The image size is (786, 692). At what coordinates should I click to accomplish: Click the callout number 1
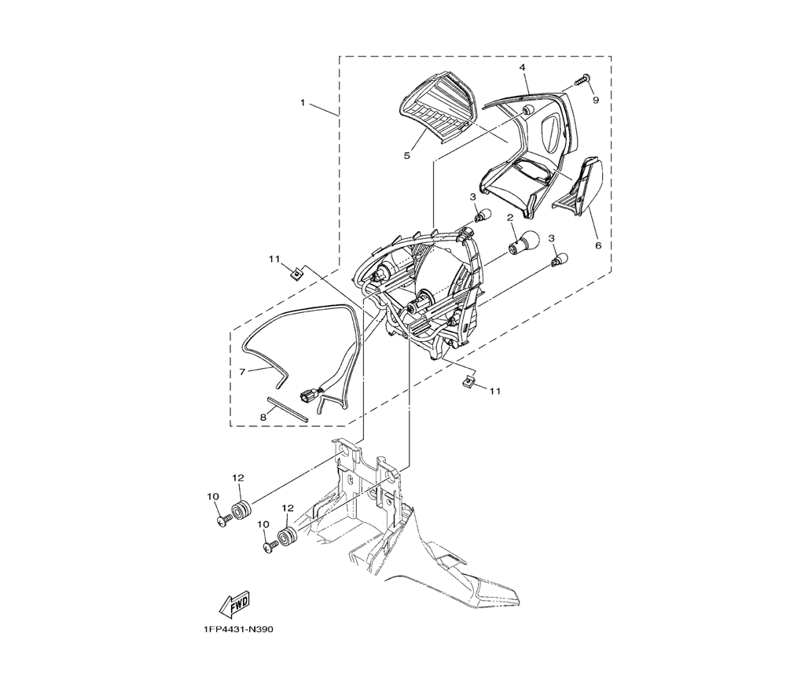pyautogui.click(x=303, y=102)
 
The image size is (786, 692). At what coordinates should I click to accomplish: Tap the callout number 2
pyautogui.click(x=510, y=218)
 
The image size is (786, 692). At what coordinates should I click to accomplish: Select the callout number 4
pyautogui.click(x=522, y=67)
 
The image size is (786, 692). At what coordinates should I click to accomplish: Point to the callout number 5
pyautogui.click(x=406, y=156)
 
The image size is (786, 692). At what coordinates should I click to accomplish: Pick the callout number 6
pyautogui.click(x=597, y=245)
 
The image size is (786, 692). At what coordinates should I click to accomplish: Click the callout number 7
pyautogui.click(x=243, y=372)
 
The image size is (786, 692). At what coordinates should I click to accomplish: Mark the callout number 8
pyautogui.click(x=263, y=417)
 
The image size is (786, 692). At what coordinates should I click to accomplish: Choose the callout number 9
pyautogui.click(x=596, y=101)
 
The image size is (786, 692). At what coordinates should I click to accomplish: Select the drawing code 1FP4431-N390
pyautogui.click(x=238, y=630)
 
